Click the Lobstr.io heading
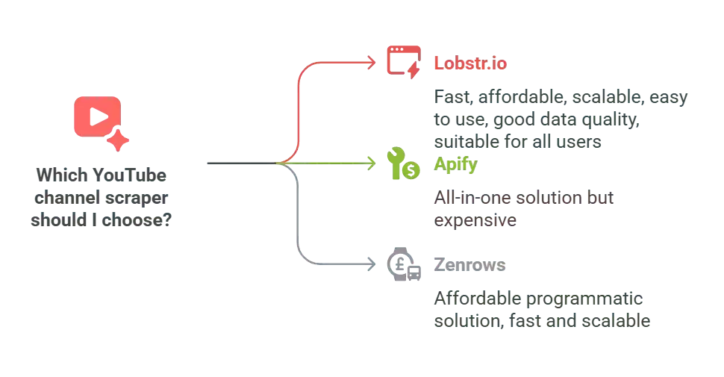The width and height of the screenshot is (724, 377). (470, 63)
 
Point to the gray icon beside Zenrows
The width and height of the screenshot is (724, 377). (403, 266)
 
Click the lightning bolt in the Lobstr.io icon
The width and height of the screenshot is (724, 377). (411, 69)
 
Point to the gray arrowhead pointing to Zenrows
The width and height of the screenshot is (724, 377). (371, 265)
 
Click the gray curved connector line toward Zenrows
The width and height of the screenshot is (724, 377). (299, 239)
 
